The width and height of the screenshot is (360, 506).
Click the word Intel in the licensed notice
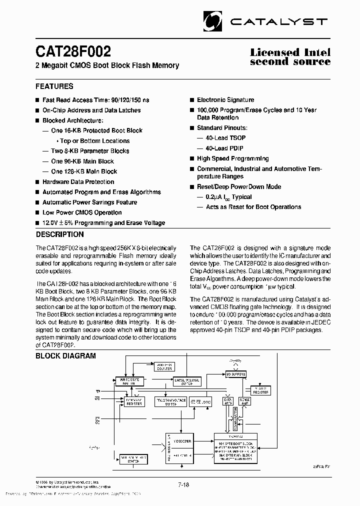tap(316, 52)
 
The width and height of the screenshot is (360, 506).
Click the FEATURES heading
tap(54, 86)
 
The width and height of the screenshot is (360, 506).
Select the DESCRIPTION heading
tap(60, 234)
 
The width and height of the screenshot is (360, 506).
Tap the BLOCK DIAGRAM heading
tap(65, 355)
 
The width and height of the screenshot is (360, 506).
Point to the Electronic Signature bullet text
tap(225, 100)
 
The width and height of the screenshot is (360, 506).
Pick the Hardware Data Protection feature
tap(78, 182)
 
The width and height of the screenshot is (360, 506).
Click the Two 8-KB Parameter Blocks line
tap(90, 151)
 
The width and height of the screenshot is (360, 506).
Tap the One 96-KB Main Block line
tap(82, 161)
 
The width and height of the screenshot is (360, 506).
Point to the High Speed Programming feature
tap(232, 158)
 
